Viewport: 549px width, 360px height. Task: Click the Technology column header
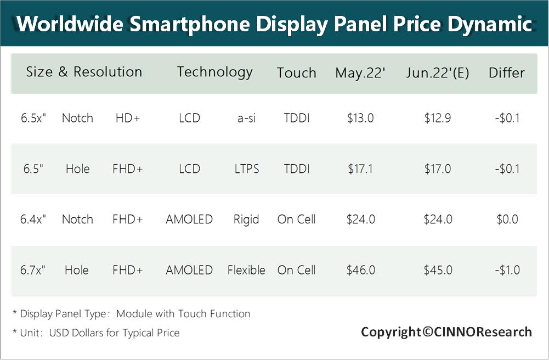pyautogui.click(x=214, y=72)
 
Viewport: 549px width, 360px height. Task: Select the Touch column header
pyautogui.click(x=296, y=73)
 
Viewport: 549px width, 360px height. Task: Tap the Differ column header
pyautogui.click(x=506, y=73)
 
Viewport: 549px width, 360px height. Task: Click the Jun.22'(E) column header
pyautogui.click(x=438, y=73)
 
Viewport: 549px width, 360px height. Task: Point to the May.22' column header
pyautogui.click(x=360, y=73)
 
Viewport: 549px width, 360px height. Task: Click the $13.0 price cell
pyautogui.click(x=360, y=118)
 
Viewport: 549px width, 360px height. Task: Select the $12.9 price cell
pyautogui.click(x=438, y=118)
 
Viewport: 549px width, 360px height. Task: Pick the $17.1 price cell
pyautogui.click(x=360, y=169)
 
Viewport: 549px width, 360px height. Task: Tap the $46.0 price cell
pyautogui.click(x=360, y=270)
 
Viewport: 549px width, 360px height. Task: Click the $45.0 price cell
pyautogui.click(x=438, y=270)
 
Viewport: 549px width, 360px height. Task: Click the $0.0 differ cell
pyautogui.click(x=507, y=220)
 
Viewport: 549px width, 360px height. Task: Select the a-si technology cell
pyautogui.click(x=246, y=118)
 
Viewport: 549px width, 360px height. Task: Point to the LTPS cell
pyautogui.click(x=246, y=169)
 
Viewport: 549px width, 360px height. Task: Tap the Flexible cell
pyautogui.click(x=246, y=270)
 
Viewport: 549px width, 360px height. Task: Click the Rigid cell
pyautogui.click(x=246, y=220)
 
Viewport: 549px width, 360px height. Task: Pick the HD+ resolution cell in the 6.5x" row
pyautogui.click(x=128, y=118)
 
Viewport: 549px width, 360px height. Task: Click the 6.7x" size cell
pyautogui.click(x=33, y=270)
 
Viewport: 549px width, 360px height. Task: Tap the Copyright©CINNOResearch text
pyautogui.click(x=446, y=331)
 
